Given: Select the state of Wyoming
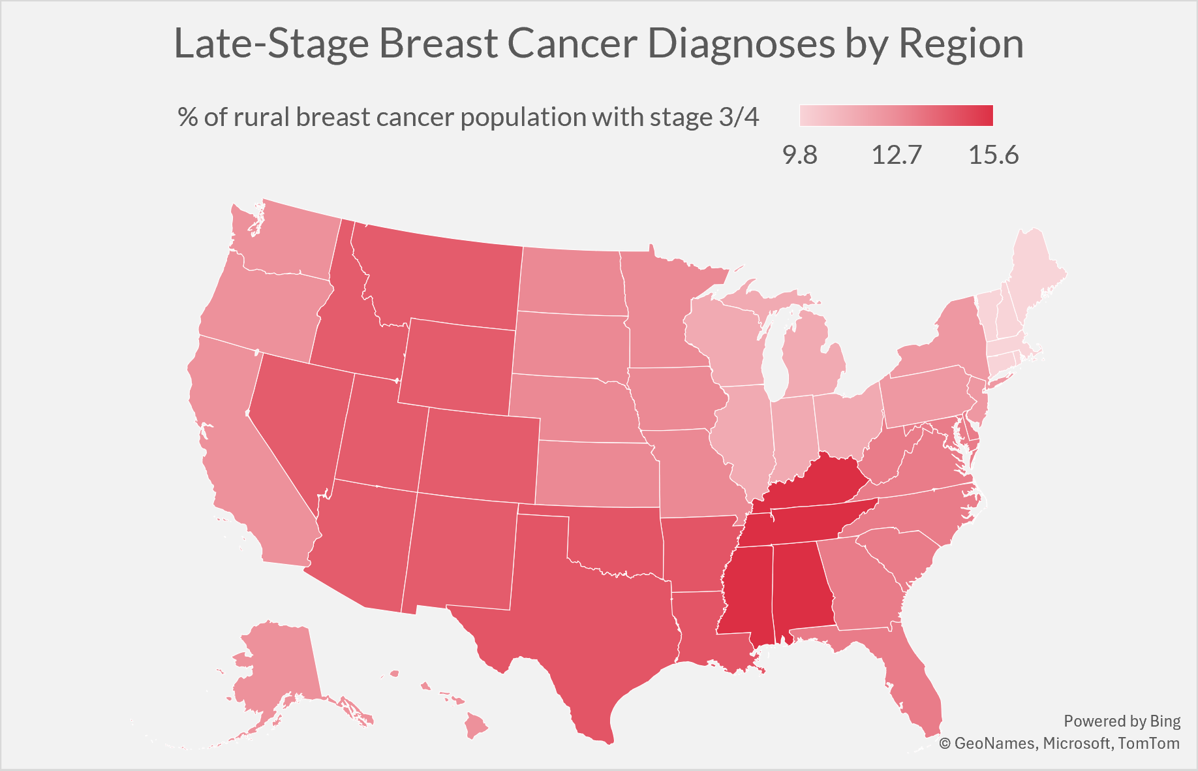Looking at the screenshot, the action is click(x=457, y=366).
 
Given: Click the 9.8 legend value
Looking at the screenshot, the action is click(x=800, y=155).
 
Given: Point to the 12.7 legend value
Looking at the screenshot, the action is click(x=897, y=155).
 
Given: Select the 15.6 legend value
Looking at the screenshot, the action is click(x=994, y=155).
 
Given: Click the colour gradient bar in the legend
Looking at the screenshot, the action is click(x=897, y=116).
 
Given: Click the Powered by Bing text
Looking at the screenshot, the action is click(x=1122, y=721).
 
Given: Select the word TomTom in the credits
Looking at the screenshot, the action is click(x=1148, y=743).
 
